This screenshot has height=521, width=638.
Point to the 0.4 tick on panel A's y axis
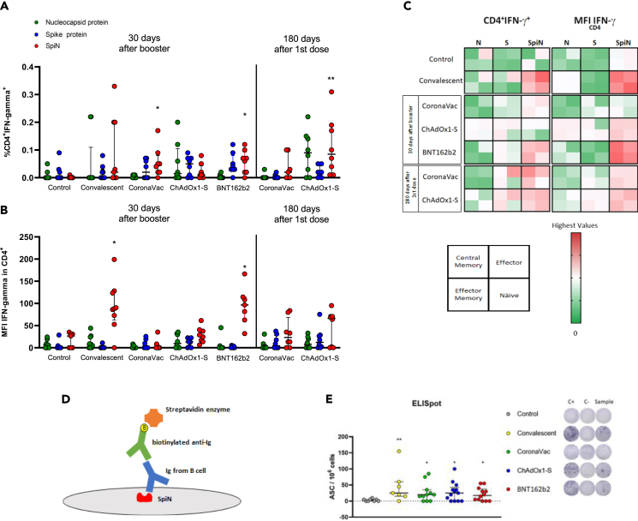31,66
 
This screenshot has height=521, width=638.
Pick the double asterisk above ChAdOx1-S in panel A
331,79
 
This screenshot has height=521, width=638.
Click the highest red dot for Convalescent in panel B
113,259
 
